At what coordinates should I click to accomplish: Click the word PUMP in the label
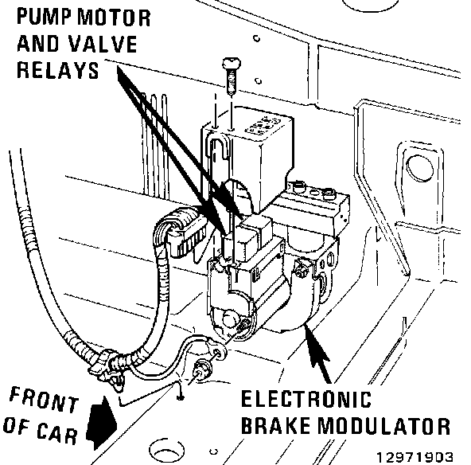click(x=45, y=18)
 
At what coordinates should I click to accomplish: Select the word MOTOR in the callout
click(x=114, y=18)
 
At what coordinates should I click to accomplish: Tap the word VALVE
click(x=103, y=45)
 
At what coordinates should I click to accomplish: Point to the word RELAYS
click(x=57, y=70)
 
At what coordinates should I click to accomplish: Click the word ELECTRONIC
click(x=306, y=399)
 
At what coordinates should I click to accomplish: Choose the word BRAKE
click(x=275, y=426)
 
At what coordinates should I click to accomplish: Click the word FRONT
click(x=44, y=400)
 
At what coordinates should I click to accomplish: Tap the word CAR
click(x=57, y=432)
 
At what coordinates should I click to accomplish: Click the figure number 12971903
click(x=415, y=457)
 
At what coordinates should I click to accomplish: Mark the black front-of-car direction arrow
click(x=102, y=424)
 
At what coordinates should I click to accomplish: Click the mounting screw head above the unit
click(x=232, y=64)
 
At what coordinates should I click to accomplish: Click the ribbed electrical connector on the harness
click(x=183, y=232)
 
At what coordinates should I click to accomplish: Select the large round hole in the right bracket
click(x=419, y=168)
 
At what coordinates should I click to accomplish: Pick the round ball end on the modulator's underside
click(x=230, y=318)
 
